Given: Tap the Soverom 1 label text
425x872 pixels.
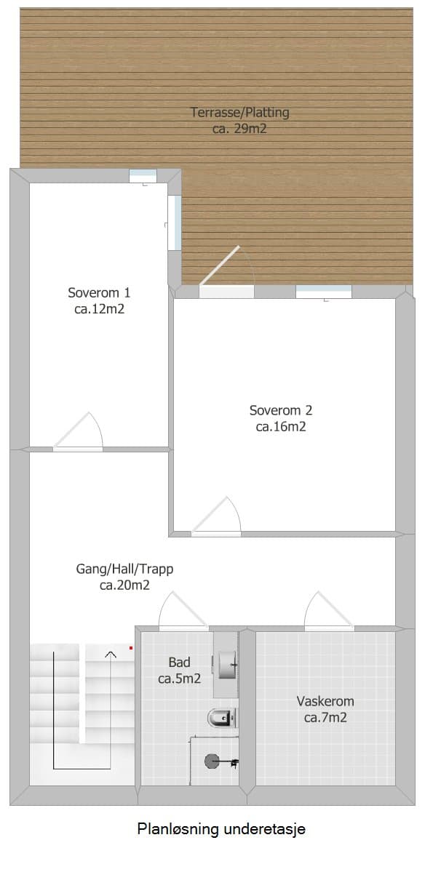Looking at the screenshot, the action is (x=99, y=301).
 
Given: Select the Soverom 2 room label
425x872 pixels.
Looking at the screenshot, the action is (x=281, y=419).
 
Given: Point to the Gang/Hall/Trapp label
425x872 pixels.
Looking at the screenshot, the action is (x=124, y=577).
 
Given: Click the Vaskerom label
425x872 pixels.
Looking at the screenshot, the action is (x=325, y=709).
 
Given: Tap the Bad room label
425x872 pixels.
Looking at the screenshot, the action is (x=179, y=670).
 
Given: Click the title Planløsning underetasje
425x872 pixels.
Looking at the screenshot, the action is (x=221, y=829).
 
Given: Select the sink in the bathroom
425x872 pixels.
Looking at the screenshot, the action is (x=227, y=665).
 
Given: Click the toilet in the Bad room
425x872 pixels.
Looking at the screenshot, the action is (x=223, y=718).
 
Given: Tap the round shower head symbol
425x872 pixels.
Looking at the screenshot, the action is (x=212, y=761).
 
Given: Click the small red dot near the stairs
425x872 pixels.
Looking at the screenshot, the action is (x=131, y=648).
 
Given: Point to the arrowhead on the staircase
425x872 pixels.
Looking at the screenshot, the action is (x=111, y=655).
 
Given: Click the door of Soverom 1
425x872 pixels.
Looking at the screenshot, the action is (x=79, y=431).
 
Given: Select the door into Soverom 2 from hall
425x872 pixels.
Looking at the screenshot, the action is (x=216, y=516).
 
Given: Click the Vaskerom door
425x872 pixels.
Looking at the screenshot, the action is (x=329, y=612).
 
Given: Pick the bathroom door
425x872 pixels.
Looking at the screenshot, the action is (x=183, y=612).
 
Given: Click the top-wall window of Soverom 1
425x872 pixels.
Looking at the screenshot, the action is (x=143, y=176).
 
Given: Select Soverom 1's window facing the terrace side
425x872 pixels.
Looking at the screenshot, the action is (x=175, y=223).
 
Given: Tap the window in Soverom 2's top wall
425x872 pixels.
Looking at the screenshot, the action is (x=324, y=292).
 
